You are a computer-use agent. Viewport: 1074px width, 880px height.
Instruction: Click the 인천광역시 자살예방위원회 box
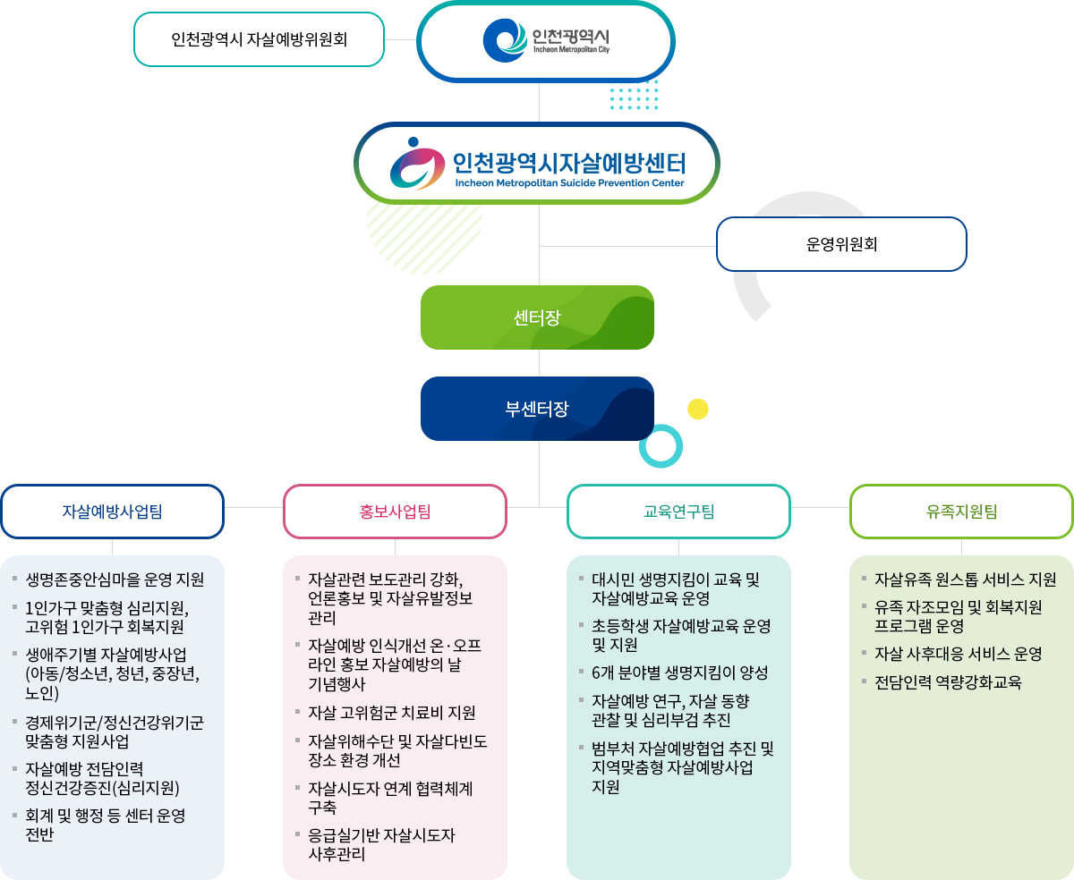[259, 39]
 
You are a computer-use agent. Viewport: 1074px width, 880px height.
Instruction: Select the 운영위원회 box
[841, 244]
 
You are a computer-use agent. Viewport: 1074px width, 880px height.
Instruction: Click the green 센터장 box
[537, 317]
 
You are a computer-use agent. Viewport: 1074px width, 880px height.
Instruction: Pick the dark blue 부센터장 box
[537, 409]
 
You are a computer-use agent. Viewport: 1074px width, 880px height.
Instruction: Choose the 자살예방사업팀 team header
[112, 512]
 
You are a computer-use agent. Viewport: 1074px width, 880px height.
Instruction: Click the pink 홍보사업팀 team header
[395, 512]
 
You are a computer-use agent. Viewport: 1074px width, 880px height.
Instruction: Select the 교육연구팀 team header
[678, 512]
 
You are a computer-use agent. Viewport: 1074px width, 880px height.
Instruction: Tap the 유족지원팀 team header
[961, 512]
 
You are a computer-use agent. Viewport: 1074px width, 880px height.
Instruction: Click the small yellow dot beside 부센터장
[698, 410]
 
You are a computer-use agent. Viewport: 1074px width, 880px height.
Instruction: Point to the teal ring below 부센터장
[661, 445]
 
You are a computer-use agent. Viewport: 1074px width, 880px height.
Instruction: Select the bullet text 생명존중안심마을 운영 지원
[115, 580]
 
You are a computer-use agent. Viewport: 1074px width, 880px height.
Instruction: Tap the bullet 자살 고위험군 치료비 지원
[391, 713]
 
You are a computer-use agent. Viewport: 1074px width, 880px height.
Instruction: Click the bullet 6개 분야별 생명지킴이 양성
[679, 673]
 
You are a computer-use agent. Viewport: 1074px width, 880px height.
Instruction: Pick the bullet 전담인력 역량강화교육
[948, 682]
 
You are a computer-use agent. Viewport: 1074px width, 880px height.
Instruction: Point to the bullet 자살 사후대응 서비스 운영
[958, 654]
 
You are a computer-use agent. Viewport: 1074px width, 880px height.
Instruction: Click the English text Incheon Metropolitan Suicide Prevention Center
[569, 183]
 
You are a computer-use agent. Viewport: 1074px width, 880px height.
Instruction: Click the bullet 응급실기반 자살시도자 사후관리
[381, 844]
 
